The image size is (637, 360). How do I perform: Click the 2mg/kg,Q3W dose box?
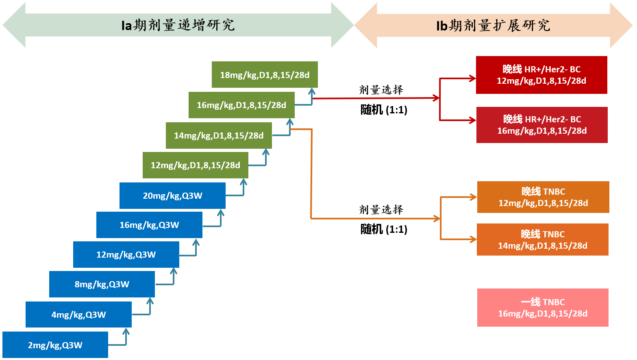coord(55,345)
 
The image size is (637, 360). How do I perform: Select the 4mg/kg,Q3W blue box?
coord(78,314)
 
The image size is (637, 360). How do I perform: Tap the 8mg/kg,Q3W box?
coord(102,284)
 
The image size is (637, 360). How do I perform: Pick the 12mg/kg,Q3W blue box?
coord(126,255)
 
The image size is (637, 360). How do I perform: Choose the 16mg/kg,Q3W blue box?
coord(149,225)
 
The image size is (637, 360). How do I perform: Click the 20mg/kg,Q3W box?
coord(172,196)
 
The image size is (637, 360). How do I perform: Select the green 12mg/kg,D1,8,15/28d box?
coord(195,165)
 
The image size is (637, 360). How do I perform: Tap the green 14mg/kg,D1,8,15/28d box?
coord(219,136)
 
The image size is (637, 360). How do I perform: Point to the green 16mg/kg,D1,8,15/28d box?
coord(241,105)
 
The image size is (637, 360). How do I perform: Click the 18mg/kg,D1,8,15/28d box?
coord(265,75)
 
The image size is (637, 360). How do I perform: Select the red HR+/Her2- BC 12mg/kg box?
coord(541,75)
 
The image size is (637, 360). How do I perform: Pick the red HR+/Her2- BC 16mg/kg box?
coord(542,125)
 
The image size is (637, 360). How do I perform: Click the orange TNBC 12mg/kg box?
coord(543,197)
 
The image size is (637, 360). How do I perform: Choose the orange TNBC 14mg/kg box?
coord(543,240)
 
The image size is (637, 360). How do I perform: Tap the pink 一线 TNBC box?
coord(543,308)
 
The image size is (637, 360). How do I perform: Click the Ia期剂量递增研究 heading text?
coord(178,25)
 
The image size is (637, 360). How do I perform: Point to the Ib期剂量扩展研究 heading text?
coord(493,26)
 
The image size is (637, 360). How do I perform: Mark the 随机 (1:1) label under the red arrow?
coord(384,110)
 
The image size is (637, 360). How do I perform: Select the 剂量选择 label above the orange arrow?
coord(381,210)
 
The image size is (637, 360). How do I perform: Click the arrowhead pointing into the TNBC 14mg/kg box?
coord(473,239)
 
